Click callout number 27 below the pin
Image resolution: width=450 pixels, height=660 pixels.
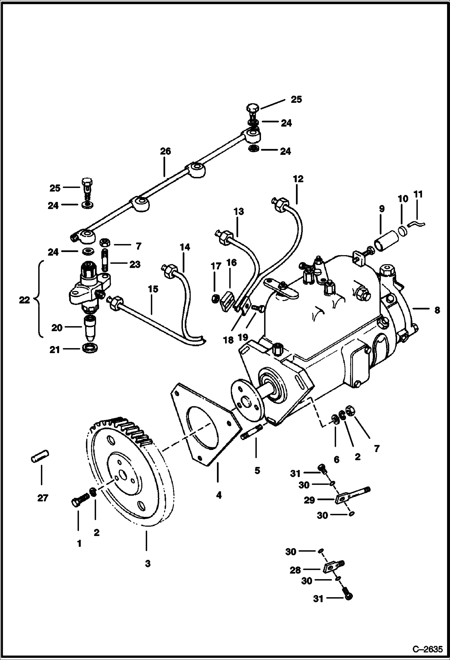coord(43,498)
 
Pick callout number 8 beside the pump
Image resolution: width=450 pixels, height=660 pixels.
coord(437,310)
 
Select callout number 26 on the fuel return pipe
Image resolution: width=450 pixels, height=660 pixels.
coord(165,151)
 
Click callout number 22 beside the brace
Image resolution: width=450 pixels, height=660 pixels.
coord(25,300)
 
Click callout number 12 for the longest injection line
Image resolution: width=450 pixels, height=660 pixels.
coord(298,179)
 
